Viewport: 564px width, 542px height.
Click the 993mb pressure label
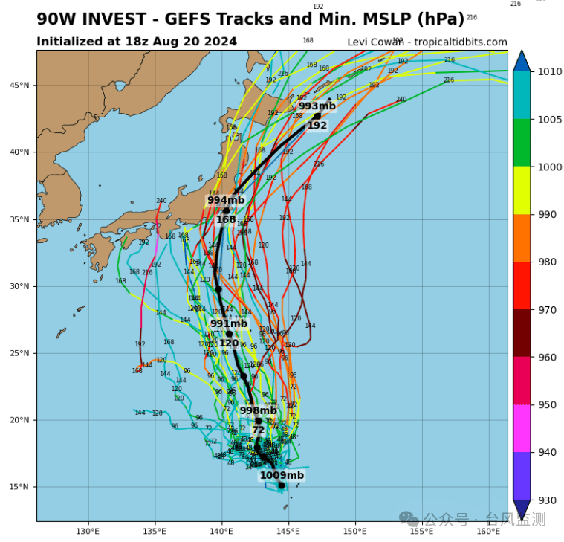(x=317, y=106)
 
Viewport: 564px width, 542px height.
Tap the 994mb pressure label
(x=226, y=200)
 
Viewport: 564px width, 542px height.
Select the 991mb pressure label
(x=229, y=323)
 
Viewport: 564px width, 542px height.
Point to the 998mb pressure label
(x=258, y=410)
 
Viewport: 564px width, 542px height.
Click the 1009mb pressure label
(x=282, y=475)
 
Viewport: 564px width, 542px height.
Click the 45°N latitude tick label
(x=20, y=85)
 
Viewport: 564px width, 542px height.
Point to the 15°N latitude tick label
(x=20, y=487)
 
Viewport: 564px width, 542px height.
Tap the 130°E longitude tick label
(x=88, y=531)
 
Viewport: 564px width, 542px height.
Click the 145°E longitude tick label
(x=288, y=531)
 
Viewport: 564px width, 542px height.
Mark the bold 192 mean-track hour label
(x=317, y=126)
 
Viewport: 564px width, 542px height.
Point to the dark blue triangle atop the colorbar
(x=522, y=61)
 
